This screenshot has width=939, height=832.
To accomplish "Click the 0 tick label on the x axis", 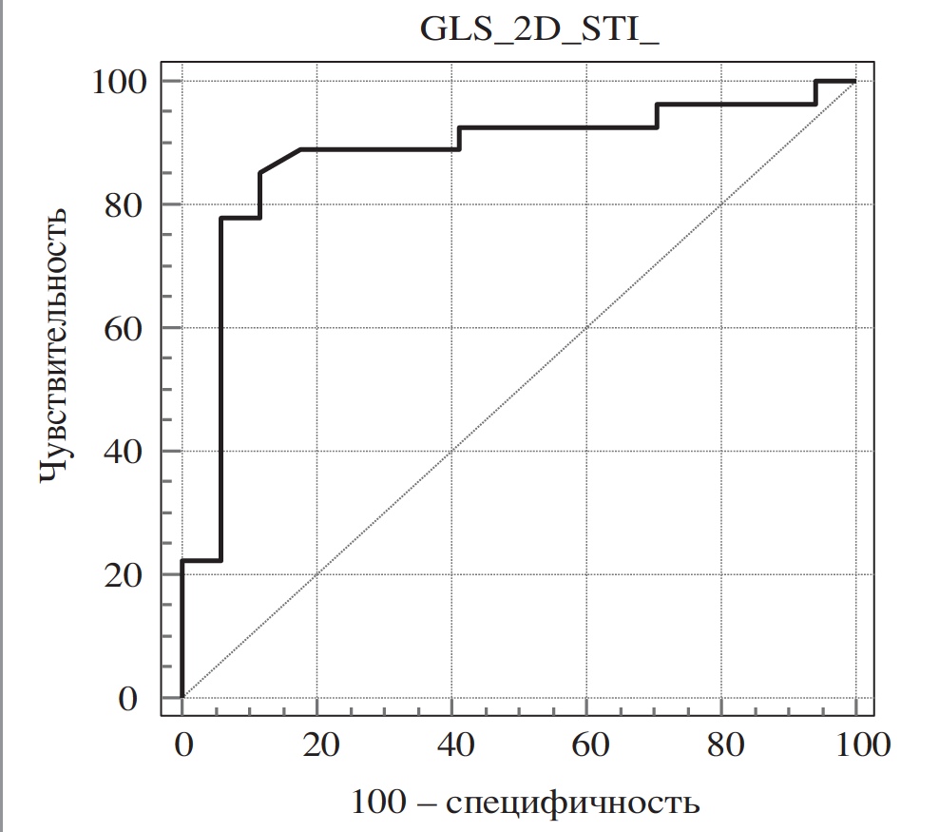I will click(182, 744).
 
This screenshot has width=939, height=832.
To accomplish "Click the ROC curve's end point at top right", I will click(854, 81).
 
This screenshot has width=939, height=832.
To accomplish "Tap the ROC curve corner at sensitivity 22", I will click(182, 560).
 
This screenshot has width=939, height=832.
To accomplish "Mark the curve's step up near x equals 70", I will click(657, 115).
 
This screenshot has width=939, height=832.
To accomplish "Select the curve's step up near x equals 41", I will click(460, 138).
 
